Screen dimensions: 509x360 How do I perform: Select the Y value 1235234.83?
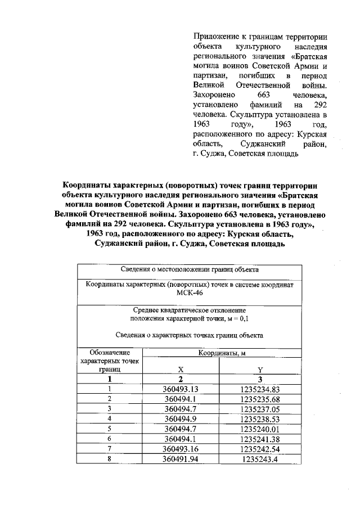pos(259,389)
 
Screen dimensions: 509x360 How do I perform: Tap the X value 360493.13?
pos(181,389)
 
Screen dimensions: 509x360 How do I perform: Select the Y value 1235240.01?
pos(259,429)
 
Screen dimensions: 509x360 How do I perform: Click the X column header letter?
pos(181,370)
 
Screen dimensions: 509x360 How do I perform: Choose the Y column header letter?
pos(260,370)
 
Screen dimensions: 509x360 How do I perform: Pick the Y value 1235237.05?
pos(259,409)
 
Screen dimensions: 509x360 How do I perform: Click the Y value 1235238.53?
pos(259,418)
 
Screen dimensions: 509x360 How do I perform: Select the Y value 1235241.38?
pos(259,439)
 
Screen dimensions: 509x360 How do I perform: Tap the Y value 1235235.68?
pos(259,399)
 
